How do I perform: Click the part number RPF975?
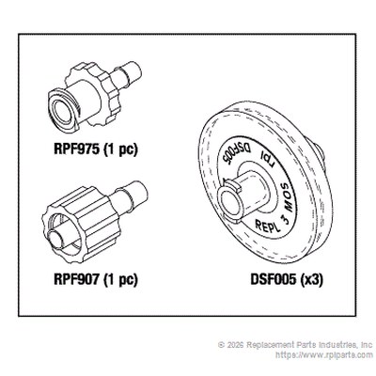click(77, 149)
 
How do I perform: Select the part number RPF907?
click(77, 279)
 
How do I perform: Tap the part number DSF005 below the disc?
click(273, 279)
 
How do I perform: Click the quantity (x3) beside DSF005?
click(311, 279)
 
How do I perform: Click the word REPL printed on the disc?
click(267, 226)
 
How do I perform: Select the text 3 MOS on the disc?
click(288, 204)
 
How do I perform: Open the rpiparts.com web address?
click(324, 355)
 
